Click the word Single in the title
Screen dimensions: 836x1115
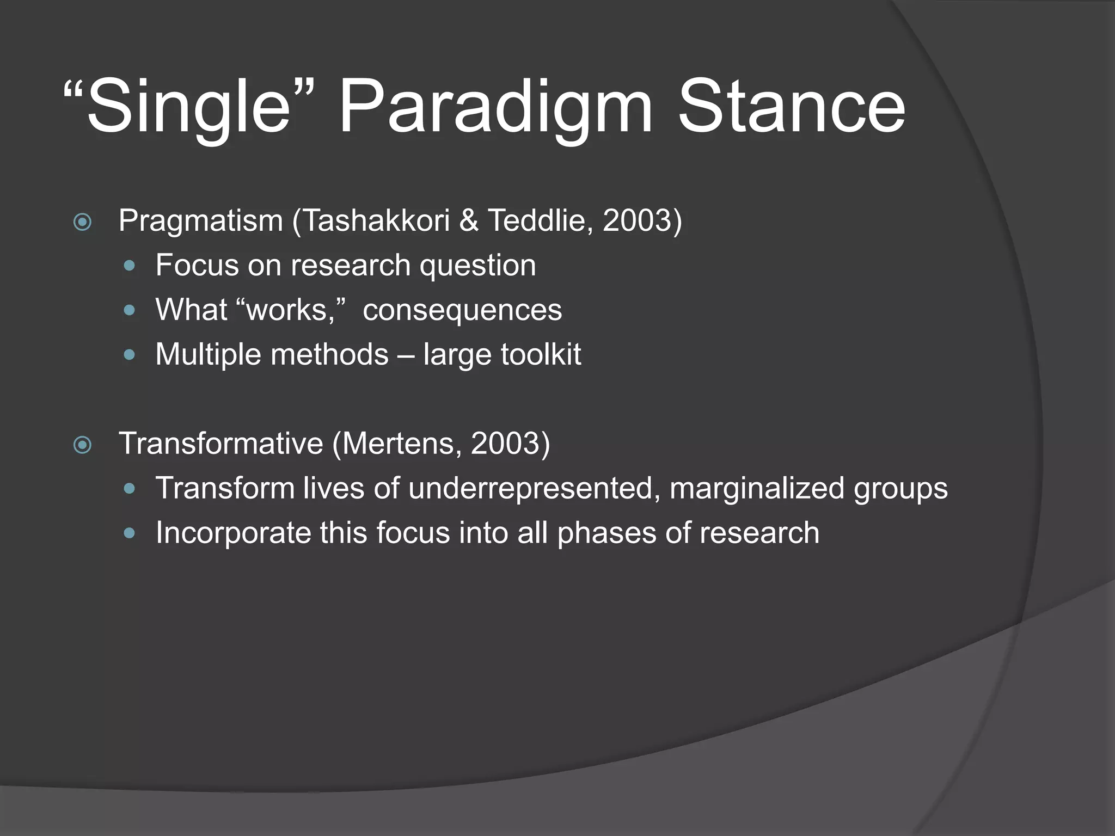coord(188,106)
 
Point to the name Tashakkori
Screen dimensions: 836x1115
coord(376,220)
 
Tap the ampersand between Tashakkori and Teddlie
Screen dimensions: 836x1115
coord(468,220)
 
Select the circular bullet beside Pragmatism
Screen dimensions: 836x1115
coord(83,222)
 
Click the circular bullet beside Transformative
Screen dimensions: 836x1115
coord(83,445)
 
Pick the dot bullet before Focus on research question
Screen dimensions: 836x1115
coord(129,266)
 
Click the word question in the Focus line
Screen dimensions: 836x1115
coord(477,266)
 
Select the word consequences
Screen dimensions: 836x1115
coord(462,310)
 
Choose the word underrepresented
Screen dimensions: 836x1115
coord(531,488)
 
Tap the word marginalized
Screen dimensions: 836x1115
coord(757,488)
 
